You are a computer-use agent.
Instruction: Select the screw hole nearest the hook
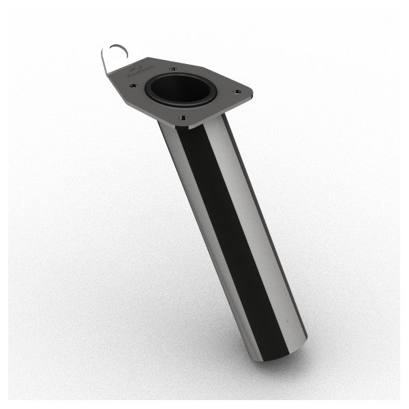[x=134, y=87]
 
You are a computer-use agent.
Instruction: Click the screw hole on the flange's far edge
[x=173, y=69]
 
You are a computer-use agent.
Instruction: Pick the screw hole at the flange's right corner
[x=237, y=91]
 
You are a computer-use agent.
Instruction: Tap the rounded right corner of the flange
[x=249, y=94]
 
